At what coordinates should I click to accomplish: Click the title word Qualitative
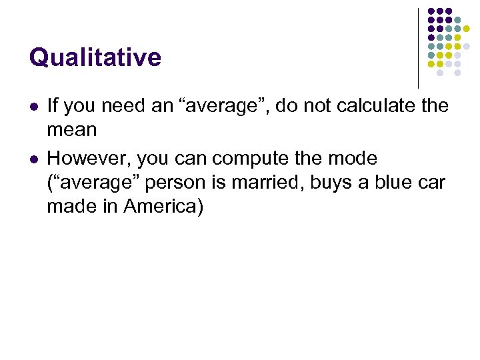(95, 58)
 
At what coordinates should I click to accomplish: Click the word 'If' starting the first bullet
(52, 105)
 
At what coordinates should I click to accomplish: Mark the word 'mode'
(355, 159)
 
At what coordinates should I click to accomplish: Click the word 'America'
(169, 207)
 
